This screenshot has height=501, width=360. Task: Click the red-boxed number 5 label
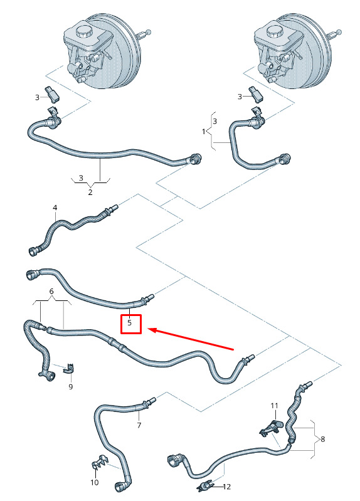tap(129, 323)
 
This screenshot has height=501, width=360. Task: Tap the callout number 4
tap(55, 208)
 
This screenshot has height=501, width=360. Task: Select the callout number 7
tap(139, 425)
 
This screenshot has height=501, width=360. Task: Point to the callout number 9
tap(71, 387)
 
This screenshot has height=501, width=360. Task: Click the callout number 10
tap(95, 482)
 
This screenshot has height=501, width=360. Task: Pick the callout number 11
tap(274, 406)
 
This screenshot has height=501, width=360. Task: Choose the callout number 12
tap(226, 487)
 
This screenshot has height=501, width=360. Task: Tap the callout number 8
tap(322, 439)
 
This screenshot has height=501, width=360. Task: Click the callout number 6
tap(51, 292)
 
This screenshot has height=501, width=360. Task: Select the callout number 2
tap(90, 192)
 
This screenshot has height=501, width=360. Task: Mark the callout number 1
tap(204, 131)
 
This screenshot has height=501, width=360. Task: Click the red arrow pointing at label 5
tap(191, 339)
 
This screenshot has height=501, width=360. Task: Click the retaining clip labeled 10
tap(100, 461)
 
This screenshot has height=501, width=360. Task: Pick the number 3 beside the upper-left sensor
tap(37, 97)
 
